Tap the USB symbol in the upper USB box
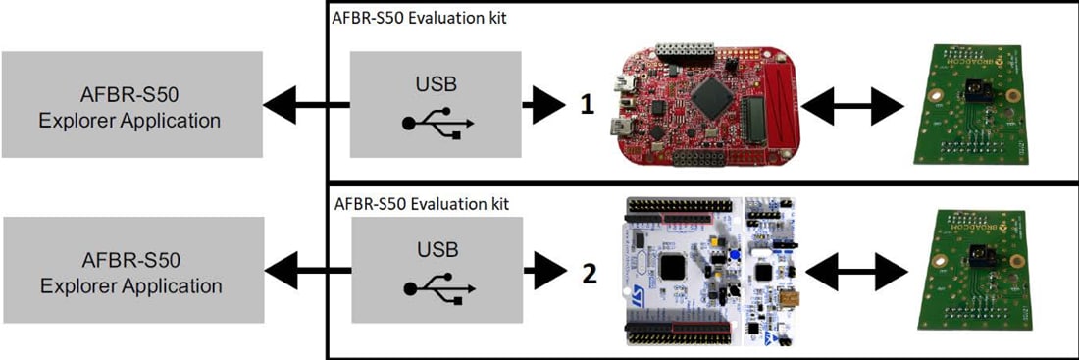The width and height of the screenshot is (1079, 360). pos(437,125)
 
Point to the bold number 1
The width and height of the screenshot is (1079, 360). pos(587,105)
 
